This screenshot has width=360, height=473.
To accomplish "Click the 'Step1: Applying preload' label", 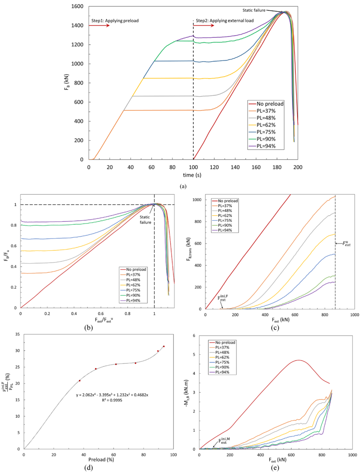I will tap(115, 21).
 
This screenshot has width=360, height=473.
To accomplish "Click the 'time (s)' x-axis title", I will tap(193, 175).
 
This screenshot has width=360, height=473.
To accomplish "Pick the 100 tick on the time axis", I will tap(193, 167).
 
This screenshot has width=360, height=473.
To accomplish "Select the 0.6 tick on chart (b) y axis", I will tap(14, 246).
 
